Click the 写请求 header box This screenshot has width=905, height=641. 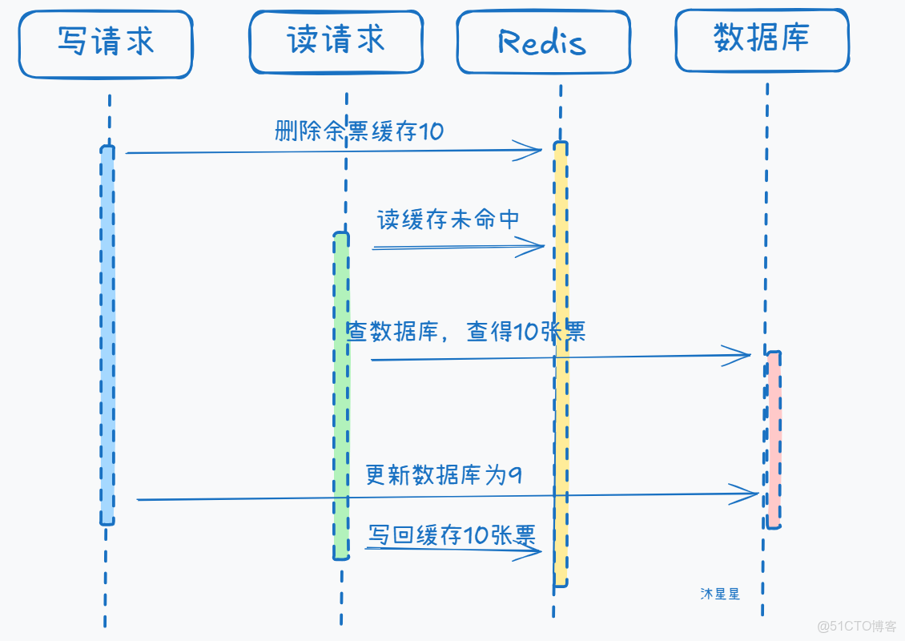(x=106, y=44)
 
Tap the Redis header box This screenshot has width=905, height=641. (x=542, y=42)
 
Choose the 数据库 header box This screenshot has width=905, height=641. (x=761, y=40)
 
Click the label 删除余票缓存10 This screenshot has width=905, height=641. (x=359, y=131)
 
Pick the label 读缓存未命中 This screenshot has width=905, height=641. (x=448, y=220)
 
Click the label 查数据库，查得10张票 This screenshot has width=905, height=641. (x=466, y=331)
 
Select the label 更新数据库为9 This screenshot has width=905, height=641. (x=444, y=475)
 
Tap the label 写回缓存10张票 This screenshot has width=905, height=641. (x=452, y=534)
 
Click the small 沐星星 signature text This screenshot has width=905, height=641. (x=719, y=594)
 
